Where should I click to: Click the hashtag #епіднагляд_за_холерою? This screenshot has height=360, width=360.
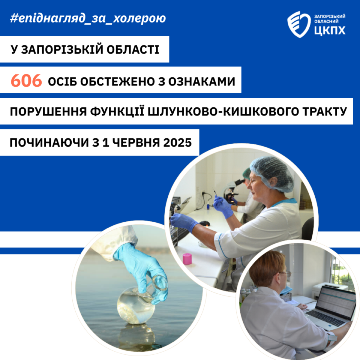[88, 18]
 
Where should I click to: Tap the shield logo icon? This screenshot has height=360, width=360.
[299, 24]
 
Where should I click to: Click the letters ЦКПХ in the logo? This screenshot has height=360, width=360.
[330, 30]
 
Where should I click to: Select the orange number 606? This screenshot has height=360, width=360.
[26, 81]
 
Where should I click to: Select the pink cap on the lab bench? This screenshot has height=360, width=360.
[187, 259]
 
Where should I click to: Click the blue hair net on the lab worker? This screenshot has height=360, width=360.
[272, 174]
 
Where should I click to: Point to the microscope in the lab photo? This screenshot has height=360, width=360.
[231, 191]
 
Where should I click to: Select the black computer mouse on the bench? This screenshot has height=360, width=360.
[204, 223]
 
